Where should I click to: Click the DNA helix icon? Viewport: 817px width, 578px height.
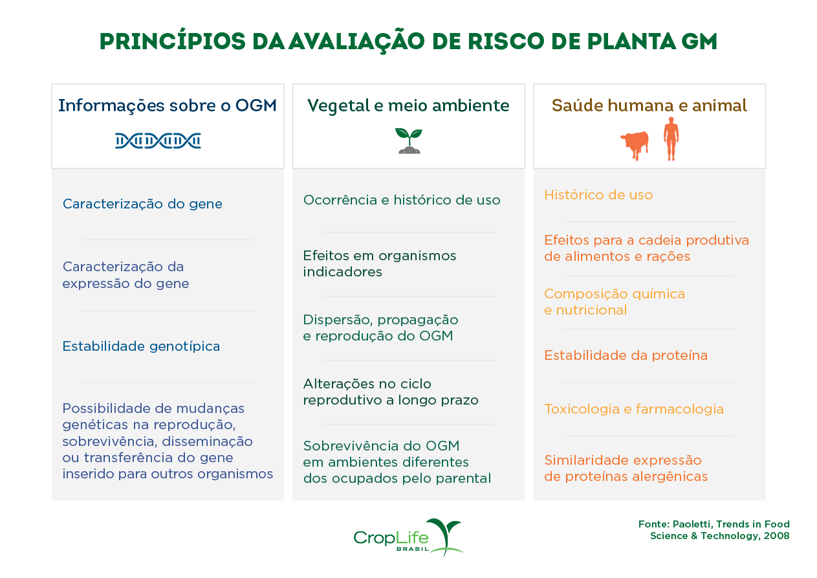[x=158, y=140]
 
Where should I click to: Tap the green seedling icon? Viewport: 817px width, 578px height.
[x=408, y=140]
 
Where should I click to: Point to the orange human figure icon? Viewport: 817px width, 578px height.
[x=671, y=139]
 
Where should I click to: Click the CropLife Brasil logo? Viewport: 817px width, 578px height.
[x=408, y=537]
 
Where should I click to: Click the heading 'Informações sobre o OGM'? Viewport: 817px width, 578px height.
[x=168, y=106]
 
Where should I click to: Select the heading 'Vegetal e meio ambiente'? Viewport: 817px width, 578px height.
[x=408, y=106]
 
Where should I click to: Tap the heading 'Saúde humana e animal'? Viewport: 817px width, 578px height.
[x=649, y=106]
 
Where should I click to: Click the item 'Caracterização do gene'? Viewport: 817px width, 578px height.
[x=142, y=204]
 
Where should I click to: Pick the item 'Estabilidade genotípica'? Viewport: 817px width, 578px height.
[x=141, y=346]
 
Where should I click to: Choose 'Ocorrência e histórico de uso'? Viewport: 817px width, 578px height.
[x=402, y=200]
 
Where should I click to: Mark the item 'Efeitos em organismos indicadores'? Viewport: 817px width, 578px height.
[x=380, y=263]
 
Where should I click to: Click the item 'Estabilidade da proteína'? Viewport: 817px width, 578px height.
[x=626, y=355]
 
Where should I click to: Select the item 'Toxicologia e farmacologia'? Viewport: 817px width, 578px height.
[x=634, y=409]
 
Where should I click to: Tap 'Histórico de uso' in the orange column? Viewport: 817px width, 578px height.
[x=598, y=195]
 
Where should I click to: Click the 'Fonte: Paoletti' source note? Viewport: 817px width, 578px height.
[x=714, y=529]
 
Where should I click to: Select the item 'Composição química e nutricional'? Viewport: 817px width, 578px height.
[x=615, y=302]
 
